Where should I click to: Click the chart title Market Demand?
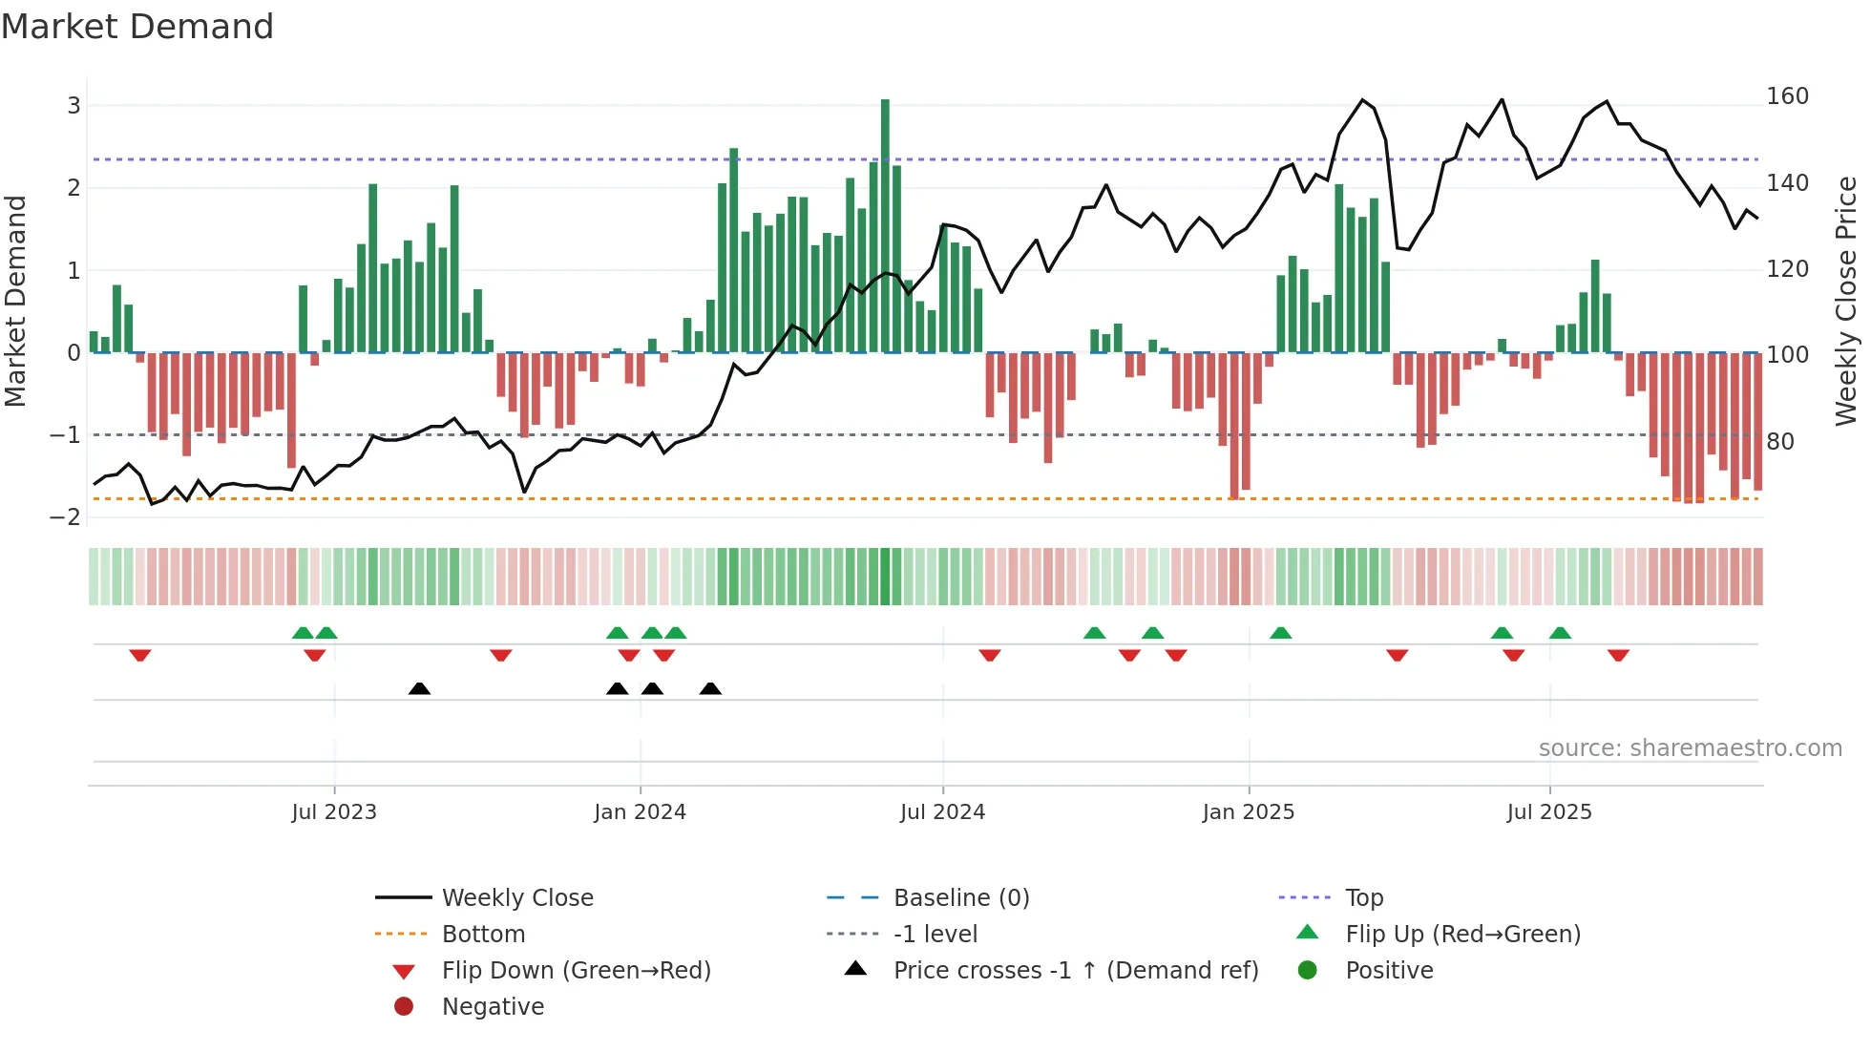[x=137, y=27]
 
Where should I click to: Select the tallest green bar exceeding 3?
[x=885, y=225]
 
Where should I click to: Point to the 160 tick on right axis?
[x=1787, y=96]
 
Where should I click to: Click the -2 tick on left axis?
[x=65, y=516]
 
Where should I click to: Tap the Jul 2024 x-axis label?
[x=942, y=812]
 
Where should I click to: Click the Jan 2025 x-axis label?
[x=1248, y=812]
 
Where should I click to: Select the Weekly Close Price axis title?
[x=1846, y=301]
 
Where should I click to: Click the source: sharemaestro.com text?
[x=1690, y=748]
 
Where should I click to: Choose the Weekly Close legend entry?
[x=516, y=898]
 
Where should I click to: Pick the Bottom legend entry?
[x=483, y=935]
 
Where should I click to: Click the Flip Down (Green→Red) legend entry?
[x=576, y=971]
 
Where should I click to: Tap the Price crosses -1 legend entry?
[x=1076, y=971]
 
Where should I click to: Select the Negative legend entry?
[x=493, y=1007]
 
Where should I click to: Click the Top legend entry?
[x=1363, y=898]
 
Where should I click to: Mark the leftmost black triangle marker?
[x=419, y=688]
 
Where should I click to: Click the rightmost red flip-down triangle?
[x=1618, y=655]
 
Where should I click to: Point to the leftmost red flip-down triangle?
[x=140, y=655]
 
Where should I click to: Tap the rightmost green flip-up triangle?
[x=1560, y=633]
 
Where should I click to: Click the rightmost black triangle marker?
[x=710, y=688]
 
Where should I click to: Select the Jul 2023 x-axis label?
[x=334, y=812]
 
